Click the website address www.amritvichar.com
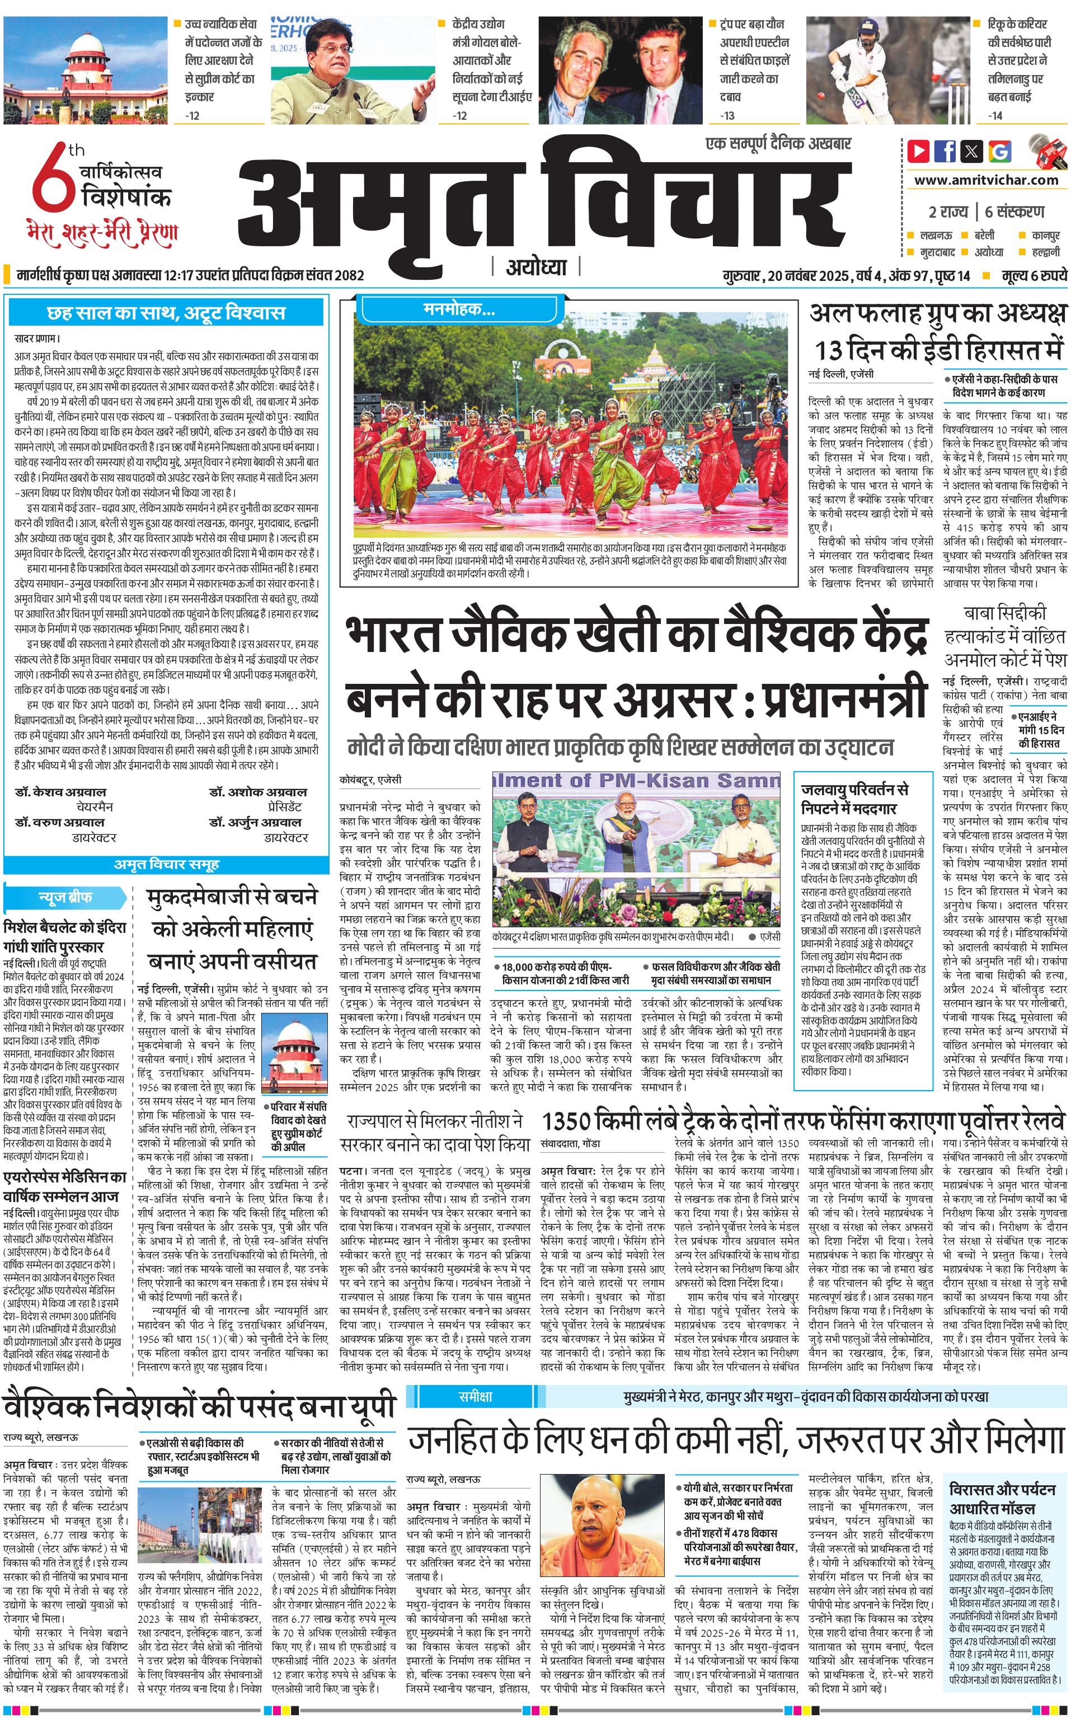pyautogui.click(x=986, y=180)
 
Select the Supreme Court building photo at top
pyautogui.click(x=86, y=69)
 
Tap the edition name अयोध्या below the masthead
pyautogui.click(x=536, y=267)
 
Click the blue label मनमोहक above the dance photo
pyautogui.click(x=459, y=309)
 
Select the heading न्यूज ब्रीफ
pyautogui.click(x=64, y=898)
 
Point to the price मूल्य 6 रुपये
pyautogui.click(x=1034, y=275)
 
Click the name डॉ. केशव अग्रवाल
pyautogui.click(x=60, y=791)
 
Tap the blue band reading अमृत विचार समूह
pyautogui.click(x=166, y=864)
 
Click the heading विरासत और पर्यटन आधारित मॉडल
pyautogui.click(x=1002, y=1478)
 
